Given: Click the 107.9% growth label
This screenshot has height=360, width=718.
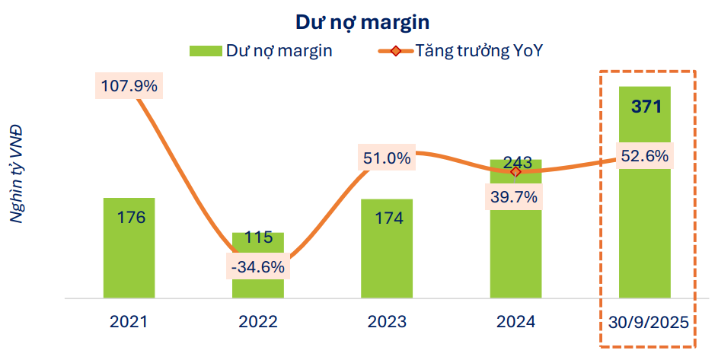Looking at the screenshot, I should click(x=129, y=86).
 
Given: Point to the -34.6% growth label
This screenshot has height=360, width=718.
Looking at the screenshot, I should click(x=258, y=267).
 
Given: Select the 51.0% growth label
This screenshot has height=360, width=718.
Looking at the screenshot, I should click(x=387, y=158).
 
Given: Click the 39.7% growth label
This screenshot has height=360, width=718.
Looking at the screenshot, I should click(x=515, y=197).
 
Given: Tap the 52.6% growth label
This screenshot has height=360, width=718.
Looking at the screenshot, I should click(x=644, y=156).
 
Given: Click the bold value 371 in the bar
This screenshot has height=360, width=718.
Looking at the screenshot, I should click(x=646, y=106).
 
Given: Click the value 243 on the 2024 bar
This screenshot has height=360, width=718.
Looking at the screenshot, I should click(x=515, y=163).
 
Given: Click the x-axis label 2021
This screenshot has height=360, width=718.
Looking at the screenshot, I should click(x=129, y=321).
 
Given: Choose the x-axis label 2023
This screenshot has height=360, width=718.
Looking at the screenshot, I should click(x=387, y=321).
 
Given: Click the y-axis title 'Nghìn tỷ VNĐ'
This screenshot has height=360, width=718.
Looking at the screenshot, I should click(x=16, y=173).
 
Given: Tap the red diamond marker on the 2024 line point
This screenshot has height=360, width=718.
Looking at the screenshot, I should click(x=515, y=172).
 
